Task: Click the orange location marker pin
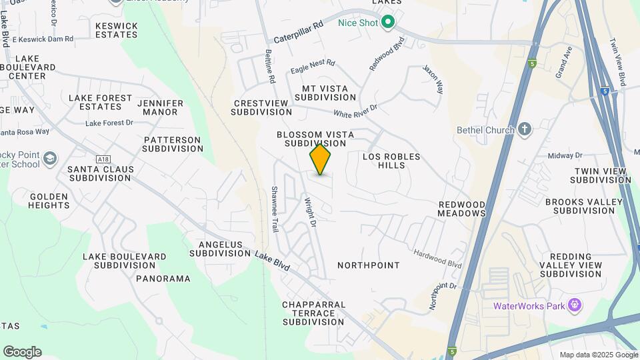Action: (320, 159)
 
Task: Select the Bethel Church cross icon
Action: (525, 129)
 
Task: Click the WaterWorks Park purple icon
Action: (575, 306)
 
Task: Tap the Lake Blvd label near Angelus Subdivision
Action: (273, 259)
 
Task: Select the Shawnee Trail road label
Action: (274, 209)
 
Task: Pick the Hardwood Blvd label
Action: (437, 258)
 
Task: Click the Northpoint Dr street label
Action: (443, 286)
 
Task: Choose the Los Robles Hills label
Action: (391, 161)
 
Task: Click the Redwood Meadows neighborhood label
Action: (461, 208)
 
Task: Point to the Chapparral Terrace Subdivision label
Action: (314, 313)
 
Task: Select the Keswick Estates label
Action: (117, 30)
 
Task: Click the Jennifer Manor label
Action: (160, 107)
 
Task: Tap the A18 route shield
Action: (103, 159)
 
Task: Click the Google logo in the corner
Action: (22, 352)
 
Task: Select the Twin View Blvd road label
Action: (617, 62)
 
